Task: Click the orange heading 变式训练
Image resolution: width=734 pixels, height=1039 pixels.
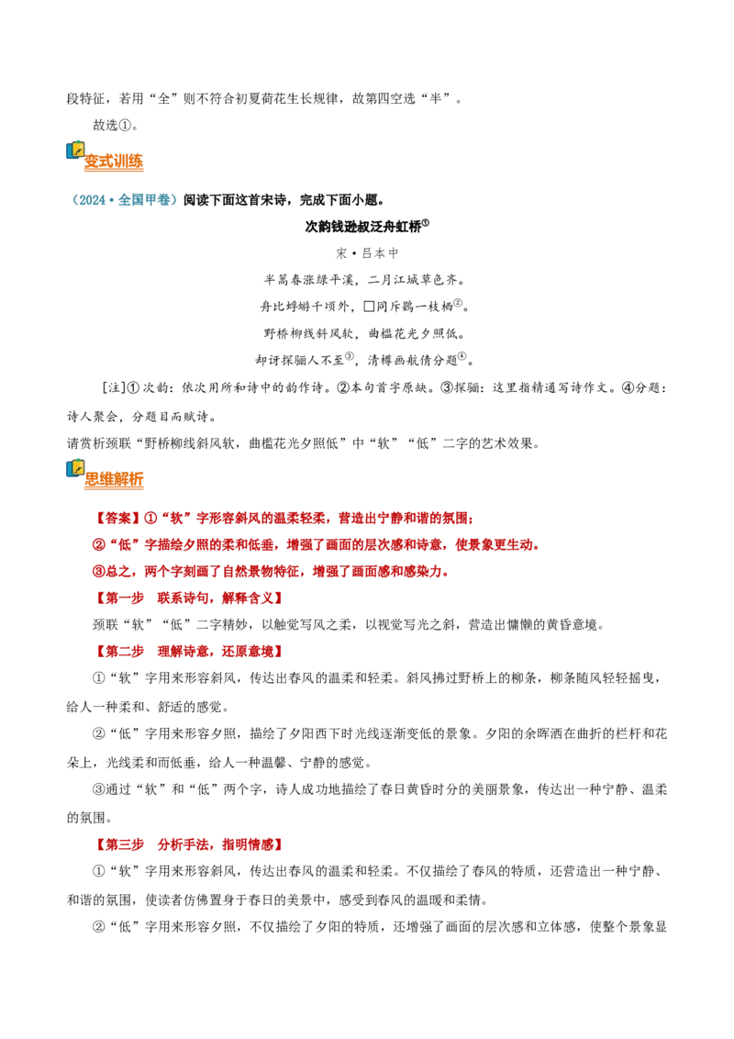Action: pos(113,161)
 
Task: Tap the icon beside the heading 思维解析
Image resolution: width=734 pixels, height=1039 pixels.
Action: pos(75,468)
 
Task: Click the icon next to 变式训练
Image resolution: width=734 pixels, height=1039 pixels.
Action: pos(75,151)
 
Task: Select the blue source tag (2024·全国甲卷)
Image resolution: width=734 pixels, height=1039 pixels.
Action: pos(124,200)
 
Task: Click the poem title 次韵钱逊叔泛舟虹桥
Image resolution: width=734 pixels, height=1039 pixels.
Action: pos(363,227)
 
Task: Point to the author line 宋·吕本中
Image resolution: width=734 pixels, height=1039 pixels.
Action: pos(367,253)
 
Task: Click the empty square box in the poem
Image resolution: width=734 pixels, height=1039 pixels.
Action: pos(369,307)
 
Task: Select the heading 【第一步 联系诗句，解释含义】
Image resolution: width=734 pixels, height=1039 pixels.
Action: pos(189,598)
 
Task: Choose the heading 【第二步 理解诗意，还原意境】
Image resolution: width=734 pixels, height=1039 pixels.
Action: pos(189,652)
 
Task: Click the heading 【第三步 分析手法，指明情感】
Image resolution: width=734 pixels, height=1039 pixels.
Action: pos(189,844)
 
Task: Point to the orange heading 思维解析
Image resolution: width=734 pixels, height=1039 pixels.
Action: pos(114,479)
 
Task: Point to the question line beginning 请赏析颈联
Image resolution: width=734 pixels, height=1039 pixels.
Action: pos(304,443)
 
